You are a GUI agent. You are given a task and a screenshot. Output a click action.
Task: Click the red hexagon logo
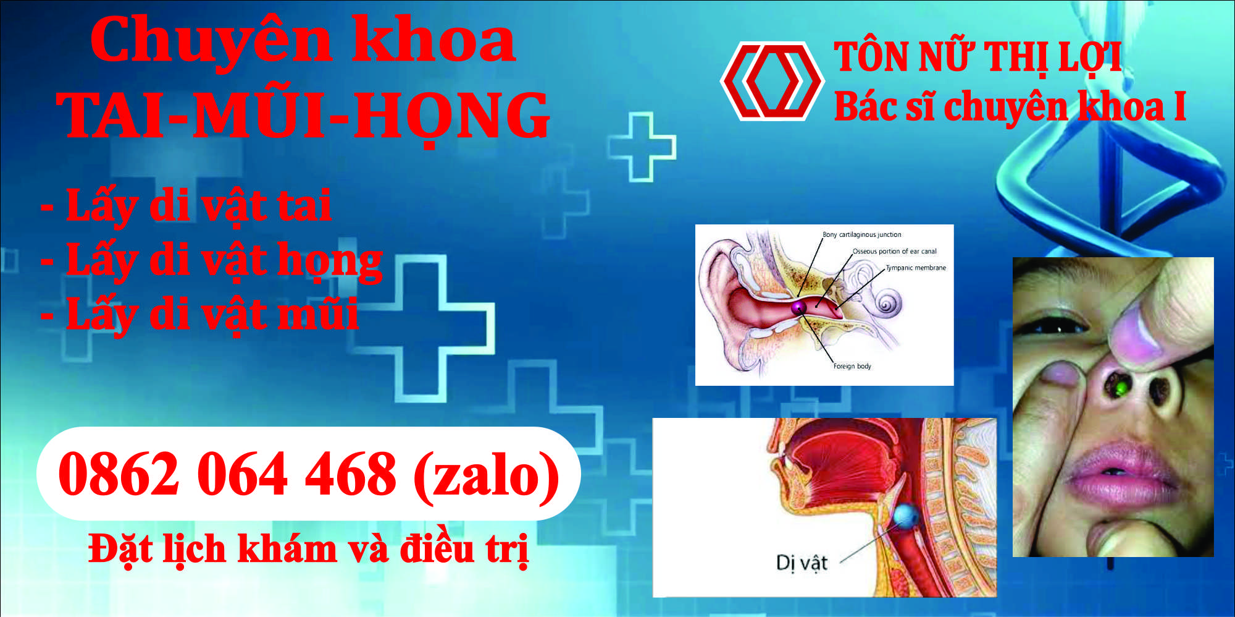[772, 80]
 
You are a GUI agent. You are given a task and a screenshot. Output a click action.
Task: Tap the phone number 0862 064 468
[227, 474]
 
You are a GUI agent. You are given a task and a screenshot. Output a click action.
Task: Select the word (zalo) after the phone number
[486, 475]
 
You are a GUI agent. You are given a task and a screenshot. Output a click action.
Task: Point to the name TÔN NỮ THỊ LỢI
[978, 57]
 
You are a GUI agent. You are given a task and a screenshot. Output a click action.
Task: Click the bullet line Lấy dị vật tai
[186, 206]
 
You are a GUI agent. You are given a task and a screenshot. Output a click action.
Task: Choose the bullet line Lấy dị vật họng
[212, 261]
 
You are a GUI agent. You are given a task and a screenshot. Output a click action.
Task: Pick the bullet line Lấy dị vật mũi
[199, 315]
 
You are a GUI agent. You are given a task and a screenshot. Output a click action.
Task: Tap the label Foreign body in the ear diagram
[852, 366]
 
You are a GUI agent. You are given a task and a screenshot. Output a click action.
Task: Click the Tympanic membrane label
[916, 268]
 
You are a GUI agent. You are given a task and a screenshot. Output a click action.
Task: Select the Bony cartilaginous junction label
[862, 235]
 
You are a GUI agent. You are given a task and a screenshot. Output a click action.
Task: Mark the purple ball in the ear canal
[798, 307]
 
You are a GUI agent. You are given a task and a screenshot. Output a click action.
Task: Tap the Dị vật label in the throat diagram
[802, 563]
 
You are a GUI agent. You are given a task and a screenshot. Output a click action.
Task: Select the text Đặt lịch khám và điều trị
[309, 549]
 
